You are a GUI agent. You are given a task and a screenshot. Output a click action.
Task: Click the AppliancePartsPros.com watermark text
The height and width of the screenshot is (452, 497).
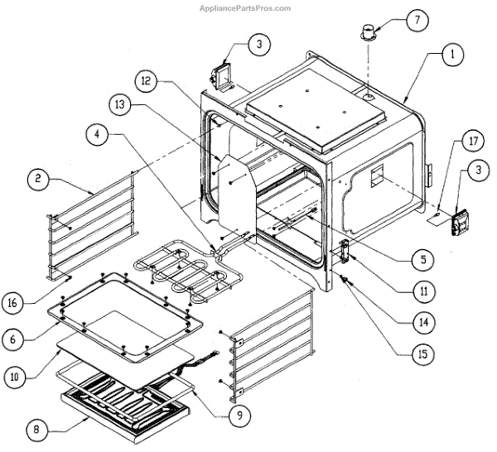pos(246,8)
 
